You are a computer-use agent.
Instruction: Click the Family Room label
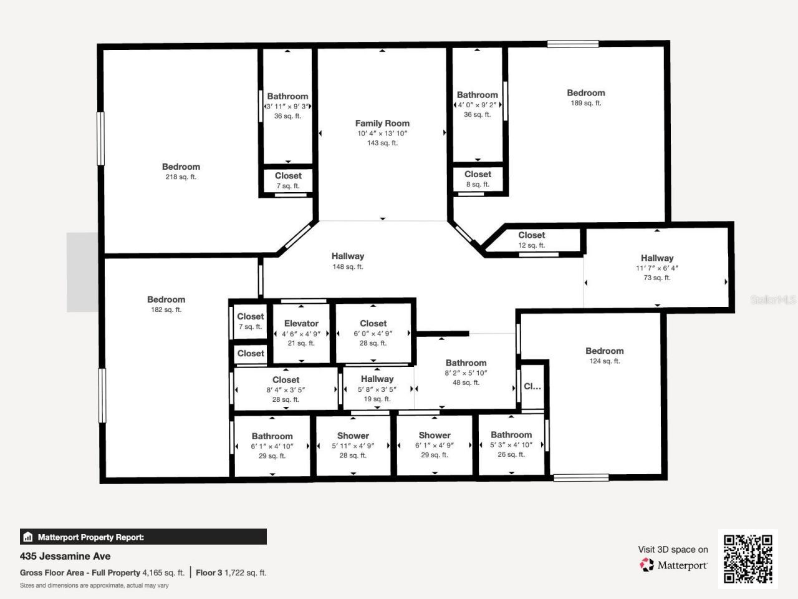click(x=382, y=124)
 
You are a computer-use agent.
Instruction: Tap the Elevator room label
click(x=301, y=323)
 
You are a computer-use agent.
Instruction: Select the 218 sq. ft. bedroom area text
click(x=181, y=177)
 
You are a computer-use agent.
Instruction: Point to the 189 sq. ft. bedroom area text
click(x=585, y=104)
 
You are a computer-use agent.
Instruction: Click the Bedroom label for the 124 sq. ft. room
click(x=604, y=351)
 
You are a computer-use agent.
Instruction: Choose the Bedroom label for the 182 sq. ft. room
click(x=166, y=299)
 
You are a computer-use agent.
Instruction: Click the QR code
click(x=748, y=559)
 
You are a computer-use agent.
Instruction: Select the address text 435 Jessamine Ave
click(x=65, y=556)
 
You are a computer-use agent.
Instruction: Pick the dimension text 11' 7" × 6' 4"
click(x=657, y=268)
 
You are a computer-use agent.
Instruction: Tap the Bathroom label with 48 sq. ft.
click(x=466, y=363)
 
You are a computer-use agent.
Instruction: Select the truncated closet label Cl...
click(x=532, y=386)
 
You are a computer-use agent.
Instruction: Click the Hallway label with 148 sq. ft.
click(x=347, y=256)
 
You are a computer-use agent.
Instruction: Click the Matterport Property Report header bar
click(x=143, y=537)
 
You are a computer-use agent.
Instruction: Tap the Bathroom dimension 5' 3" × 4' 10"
click(x=511, y=445)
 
